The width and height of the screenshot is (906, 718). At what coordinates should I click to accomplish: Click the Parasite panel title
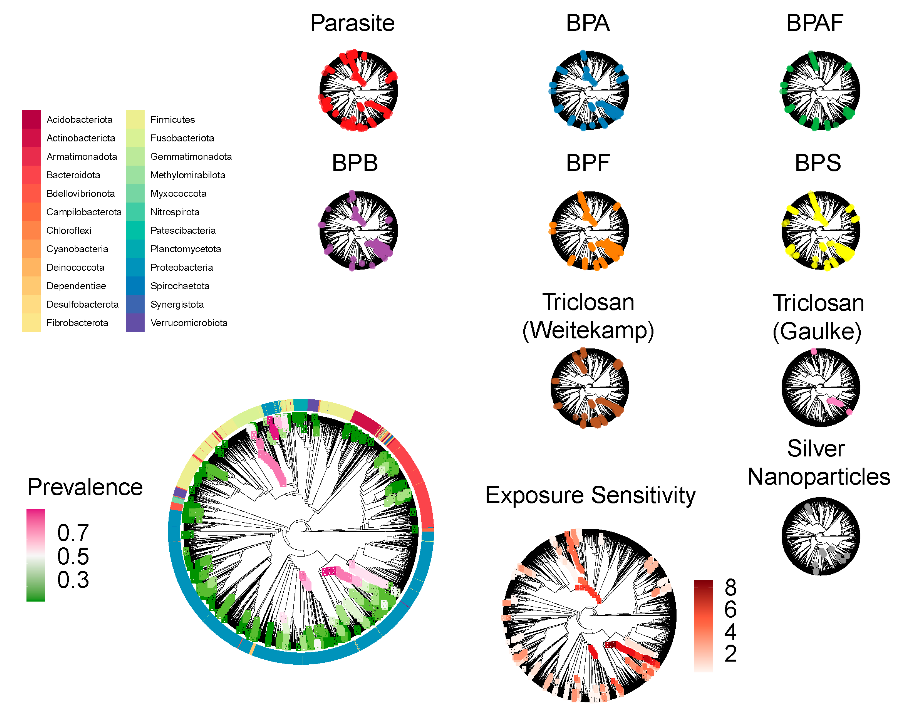tap(352, 23)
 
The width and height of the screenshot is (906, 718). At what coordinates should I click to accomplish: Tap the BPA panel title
tap(587, 23)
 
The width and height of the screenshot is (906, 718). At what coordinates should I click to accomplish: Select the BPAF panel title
tap(814, 23)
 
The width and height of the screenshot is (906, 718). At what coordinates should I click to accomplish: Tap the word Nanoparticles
tap(819, 477)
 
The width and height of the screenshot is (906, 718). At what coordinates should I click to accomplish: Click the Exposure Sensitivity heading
tap(590, 495)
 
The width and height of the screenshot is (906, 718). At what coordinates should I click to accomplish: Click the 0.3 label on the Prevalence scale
tap(73, 580)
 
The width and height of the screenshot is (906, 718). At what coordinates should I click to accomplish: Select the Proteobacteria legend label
tap(182, 268)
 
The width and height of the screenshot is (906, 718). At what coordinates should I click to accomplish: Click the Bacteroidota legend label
tap(73, 175)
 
